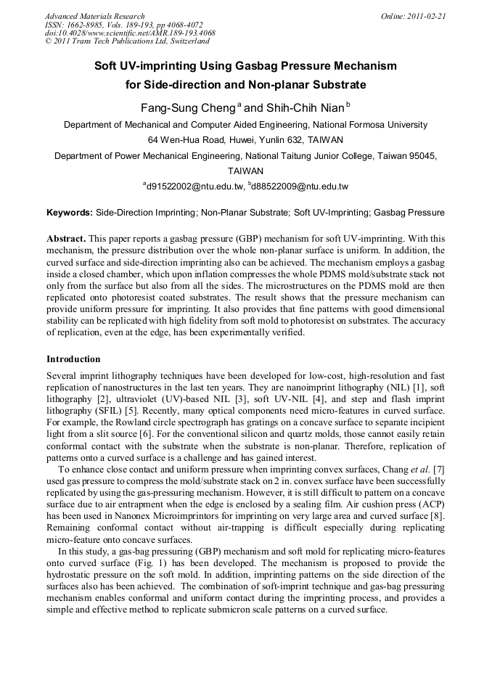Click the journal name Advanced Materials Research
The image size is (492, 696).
coord(94,16)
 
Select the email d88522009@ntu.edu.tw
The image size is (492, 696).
coord(300,187)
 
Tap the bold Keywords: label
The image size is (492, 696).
coord(70,213)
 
